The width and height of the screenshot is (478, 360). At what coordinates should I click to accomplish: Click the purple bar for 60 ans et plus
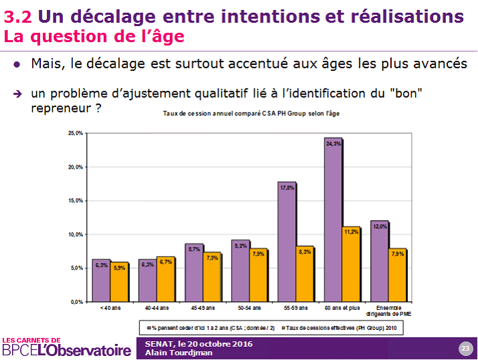click(x=333, y=221)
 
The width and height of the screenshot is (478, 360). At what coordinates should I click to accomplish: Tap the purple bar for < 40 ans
click(x=101, y=280)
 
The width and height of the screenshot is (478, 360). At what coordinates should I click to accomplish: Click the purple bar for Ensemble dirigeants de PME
click(x=379, y=262)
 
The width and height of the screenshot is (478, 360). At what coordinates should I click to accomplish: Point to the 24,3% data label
click(x=333, y=143)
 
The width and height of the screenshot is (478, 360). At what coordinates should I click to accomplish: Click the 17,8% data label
click(x=287, y=188)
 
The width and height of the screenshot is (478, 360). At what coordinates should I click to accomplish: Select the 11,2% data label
click(x=351, y=232)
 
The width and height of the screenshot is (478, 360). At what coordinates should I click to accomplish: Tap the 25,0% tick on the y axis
click(x=75, y=134)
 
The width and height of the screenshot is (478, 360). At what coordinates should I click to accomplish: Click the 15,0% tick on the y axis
click(x=75, y=201)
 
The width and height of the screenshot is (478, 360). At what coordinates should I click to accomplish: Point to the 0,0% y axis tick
click(x=76, y=302)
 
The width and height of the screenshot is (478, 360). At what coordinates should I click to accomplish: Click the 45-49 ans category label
click(x=202, y=308)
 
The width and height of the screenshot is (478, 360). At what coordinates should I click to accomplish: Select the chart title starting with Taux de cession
click(x=251, y=114)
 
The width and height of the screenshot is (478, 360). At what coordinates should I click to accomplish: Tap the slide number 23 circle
click(x=465, y=348)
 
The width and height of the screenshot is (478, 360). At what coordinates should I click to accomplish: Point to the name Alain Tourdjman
click(x=173, y=353)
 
